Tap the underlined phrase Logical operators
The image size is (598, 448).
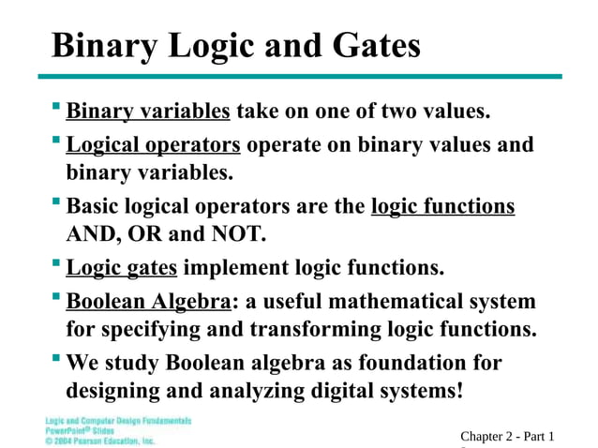click(154, 145)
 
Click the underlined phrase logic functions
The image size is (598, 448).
click(443, 206)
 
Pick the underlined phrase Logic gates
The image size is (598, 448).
click(122, 268)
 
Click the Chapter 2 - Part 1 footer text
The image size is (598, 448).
click(507, 436)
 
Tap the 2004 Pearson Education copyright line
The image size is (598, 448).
click(100, 440)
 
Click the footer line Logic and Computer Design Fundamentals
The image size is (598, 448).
click(118, 421)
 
